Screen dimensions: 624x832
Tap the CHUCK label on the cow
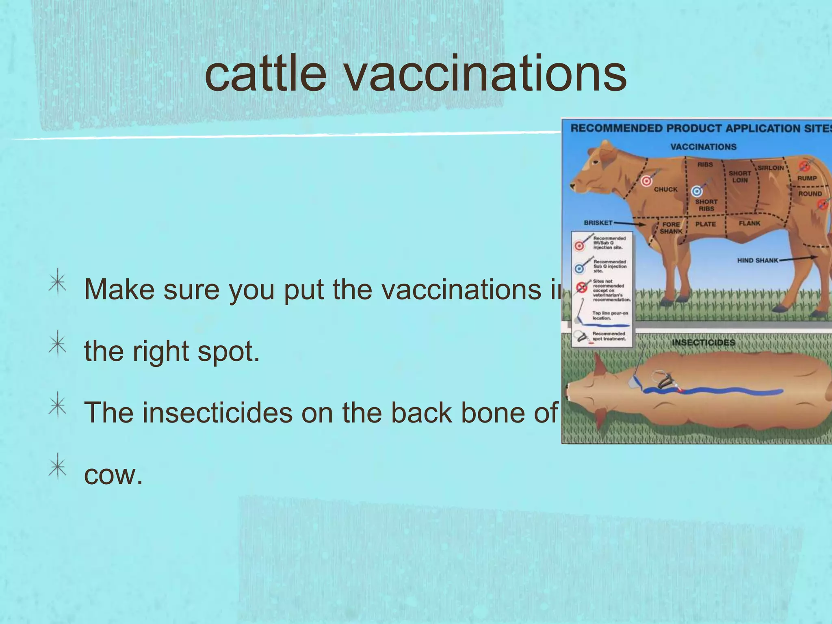pos(665,189)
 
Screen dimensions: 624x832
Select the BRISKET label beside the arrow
pos(598,223)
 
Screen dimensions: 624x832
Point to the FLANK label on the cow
pos(749,223)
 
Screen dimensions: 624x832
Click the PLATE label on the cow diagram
pos(705,224)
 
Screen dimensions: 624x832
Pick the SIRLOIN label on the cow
pos(770,168)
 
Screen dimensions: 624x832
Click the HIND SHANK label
pos(757,260)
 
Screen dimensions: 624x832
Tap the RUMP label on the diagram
pos(807,178)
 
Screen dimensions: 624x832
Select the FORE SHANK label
pos(671,227)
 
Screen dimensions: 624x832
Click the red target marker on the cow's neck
pos(646,181)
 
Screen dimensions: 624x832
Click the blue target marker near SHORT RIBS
pos(697,191)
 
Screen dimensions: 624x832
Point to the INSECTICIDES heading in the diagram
pos(703,342)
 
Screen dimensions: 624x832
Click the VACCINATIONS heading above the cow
pos(703,147)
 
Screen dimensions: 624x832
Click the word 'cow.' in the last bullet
pos(113,474)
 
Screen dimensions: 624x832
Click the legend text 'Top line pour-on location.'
pos(609,315)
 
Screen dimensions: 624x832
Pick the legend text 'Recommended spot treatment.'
pos(609,336)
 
